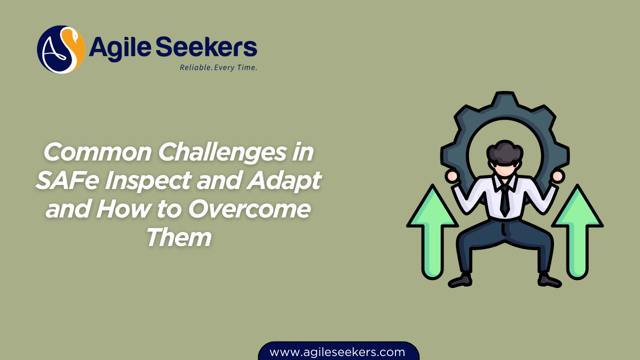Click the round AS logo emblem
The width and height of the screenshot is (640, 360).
(x=61, y=49)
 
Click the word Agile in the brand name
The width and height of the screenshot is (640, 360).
(x=120, y=48)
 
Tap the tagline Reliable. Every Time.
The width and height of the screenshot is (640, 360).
(x=218, y=67)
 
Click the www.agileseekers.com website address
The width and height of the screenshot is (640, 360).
(x=337, y=352)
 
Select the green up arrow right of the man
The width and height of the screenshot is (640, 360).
(x=577, y=230)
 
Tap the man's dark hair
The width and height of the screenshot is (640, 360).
(x=505, y=152)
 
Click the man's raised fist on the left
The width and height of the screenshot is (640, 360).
(x=452, y=176)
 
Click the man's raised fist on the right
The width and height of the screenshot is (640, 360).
(x=557, y=176)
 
